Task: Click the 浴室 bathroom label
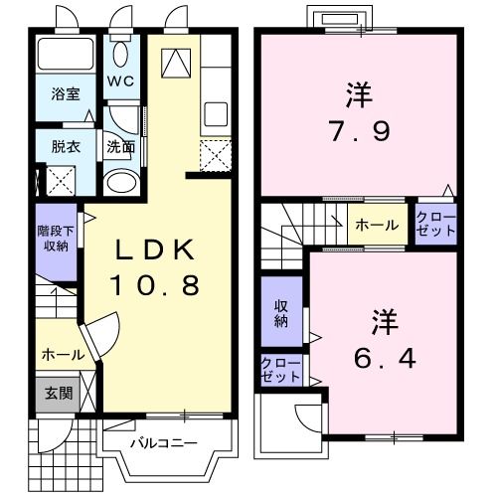(x=67, y=95)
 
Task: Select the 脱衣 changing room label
(x=67, y=147)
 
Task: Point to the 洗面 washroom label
(x=121, y=147)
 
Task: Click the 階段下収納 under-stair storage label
(x=55, y=238)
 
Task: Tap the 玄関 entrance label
(x=57, y=393)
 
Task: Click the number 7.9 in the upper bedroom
(x=359, y=130)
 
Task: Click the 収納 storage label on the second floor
(x=280, y=312)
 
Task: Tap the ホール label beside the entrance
(x=63, y=355)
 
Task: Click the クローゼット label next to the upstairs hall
(x=435, y=224)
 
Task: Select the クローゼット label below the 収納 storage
(x=281, y=371)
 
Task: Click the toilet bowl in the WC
(x=121, y=55)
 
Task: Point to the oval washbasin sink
(x=122, y=183)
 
